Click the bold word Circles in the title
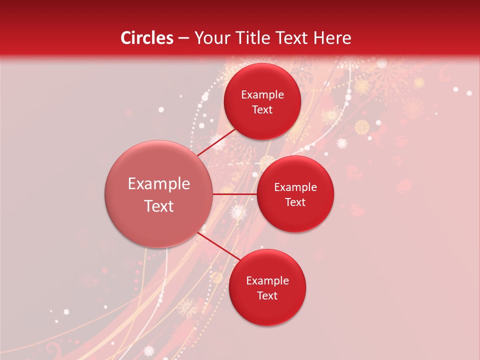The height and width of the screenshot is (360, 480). pyautogui.click(x=146, y=38)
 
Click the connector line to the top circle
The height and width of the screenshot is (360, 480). pyautogui.click(x=215, y=142)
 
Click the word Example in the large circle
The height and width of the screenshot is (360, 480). pyautogui.click(x=159, y=184)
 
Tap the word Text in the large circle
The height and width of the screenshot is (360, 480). pyautogui.click(x=159, y=206)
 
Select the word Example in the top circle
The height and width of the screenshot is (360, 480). pyautogui.click(x=262, y=94)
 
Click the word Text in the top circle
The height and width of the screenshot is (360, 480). pyautogui.click(x=262, y=109)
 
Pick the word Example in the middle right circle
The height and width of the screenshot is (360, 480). pyautogui.click(x=295, y=187)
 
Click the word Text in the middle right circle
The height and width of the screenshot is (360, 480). pyautogui.click(x=295, y=202)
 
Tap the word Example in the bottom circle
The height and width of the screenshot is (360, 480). pyautogui.click(x=267, y=281)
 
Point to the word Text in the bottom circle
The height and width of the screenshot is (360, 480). pyautogui.click(x=267, y=295)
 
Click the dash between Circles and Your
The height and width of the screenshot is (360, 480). pyautogui.click(x=183, y=38)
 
